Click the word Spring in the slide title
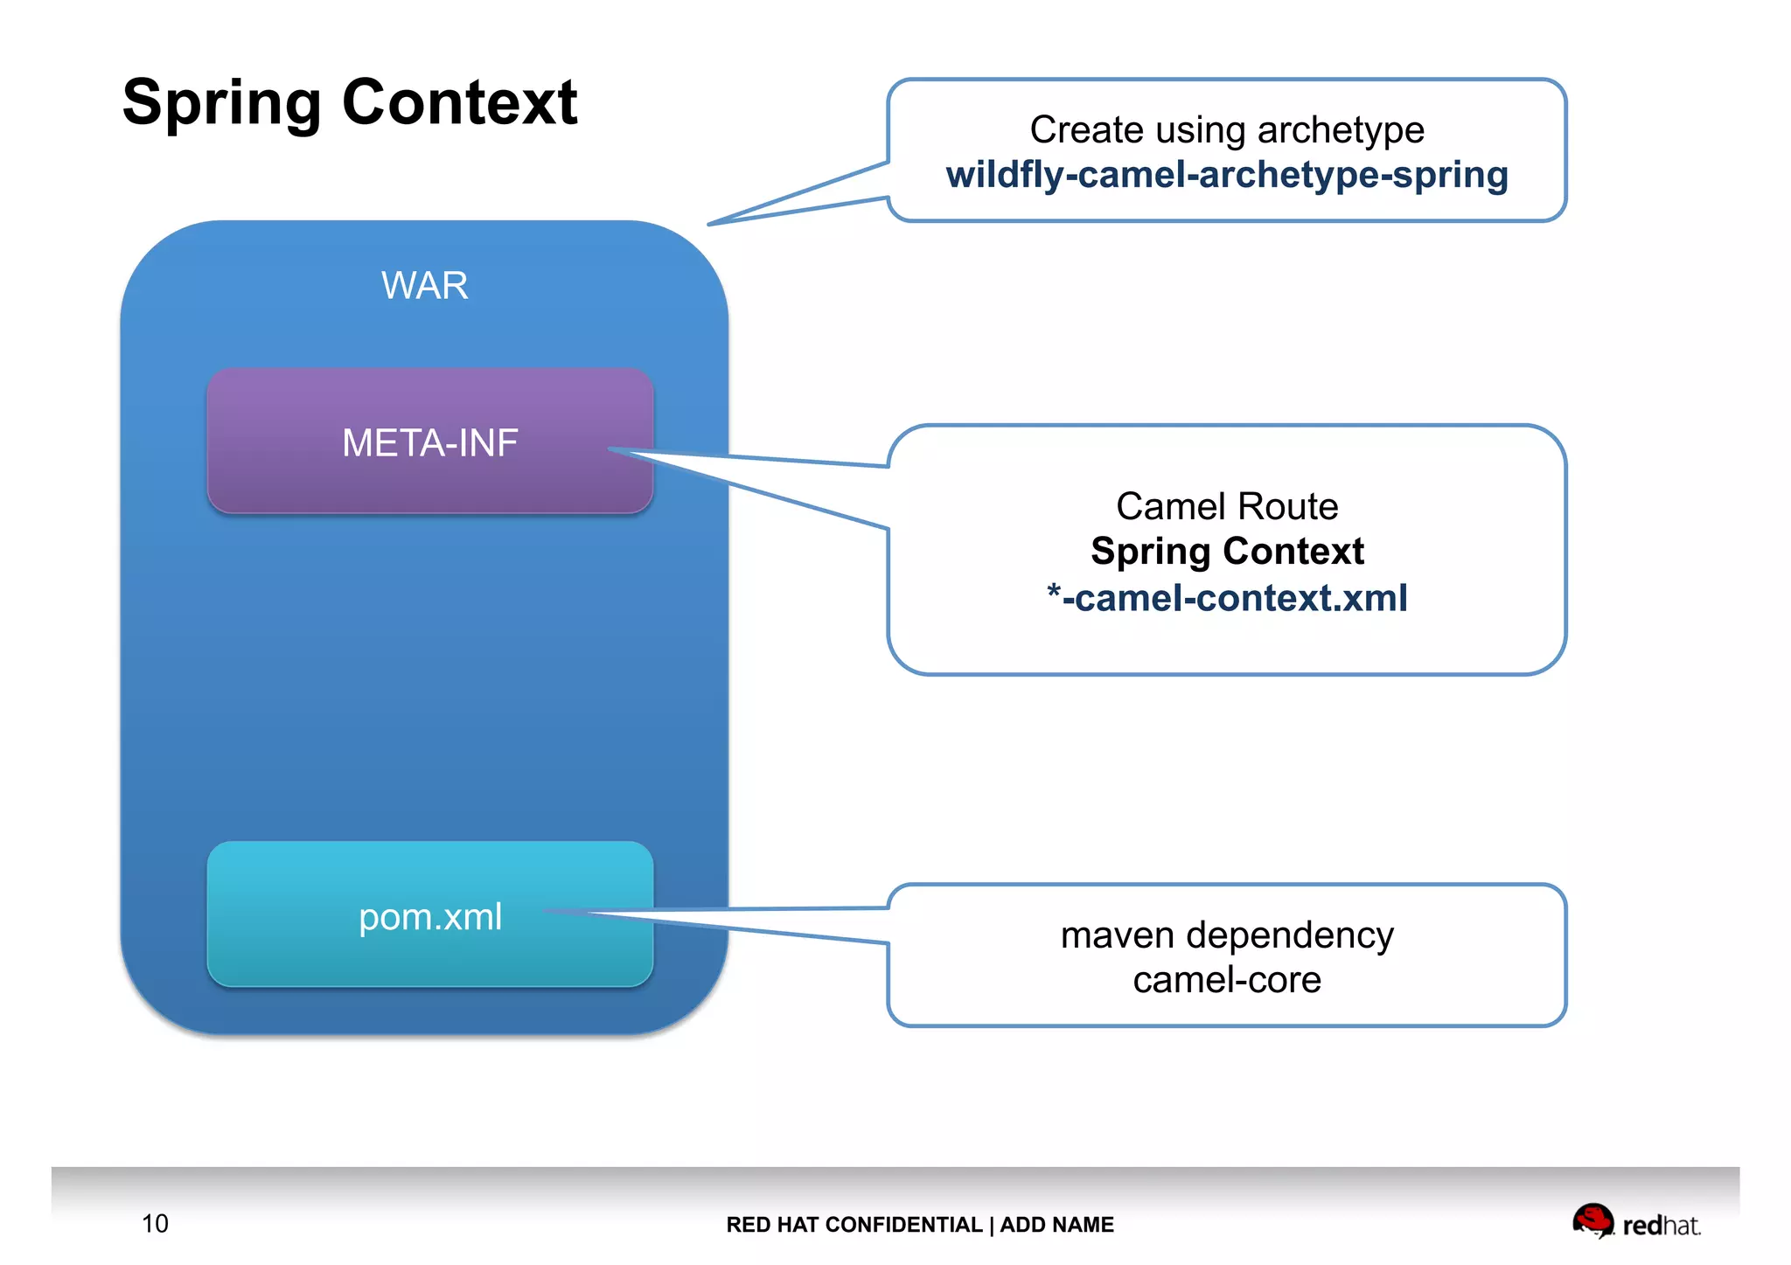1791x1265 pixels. point(222,103)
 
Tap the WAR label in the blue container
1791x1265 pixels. point(424,286)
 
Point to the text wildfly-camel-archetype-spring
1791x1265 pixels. point(1226,175)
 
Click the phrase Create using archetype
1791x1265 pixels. point(1226,129)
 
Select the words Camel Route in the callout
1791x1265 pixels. point(1226,506)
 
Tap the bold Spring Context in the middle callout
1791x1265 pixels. point(1226,552)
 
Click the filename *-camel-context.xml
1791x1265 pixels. point(1226,599)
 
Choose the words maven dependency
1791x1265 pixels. point(1226,935)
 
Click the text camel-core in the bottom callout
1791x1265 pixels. point(1226,980)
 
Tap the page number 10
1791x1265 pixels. point(155,1223)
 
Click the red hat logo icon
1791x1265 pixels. point(1592,1220)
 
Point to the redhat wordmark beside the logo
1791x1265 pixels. point(1661,1226)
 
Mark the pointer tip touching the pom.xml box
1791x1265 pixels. point(547,910)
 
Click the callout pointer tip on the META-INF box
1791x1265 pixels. point(610,449)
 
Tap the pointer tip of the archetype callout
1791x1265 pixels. point(709,225)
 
